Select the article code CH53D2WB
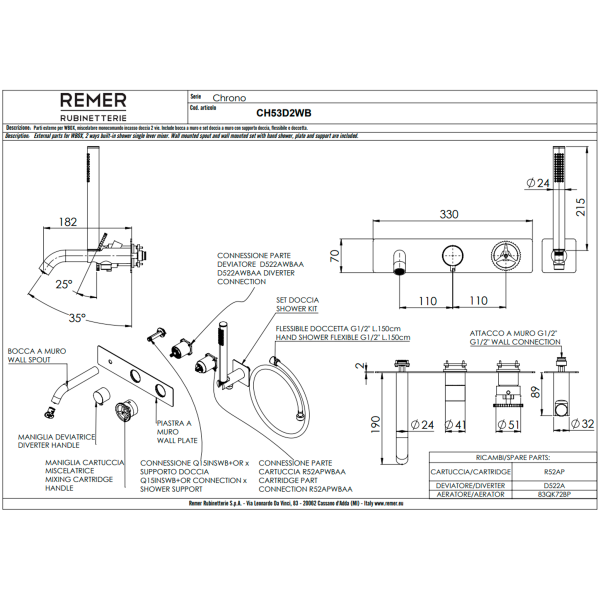tap(284, 114)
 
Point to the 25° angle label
tap(63, 285)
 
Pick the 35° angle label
tap(77, 317)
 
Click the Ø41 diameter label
tap(455, 425)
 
